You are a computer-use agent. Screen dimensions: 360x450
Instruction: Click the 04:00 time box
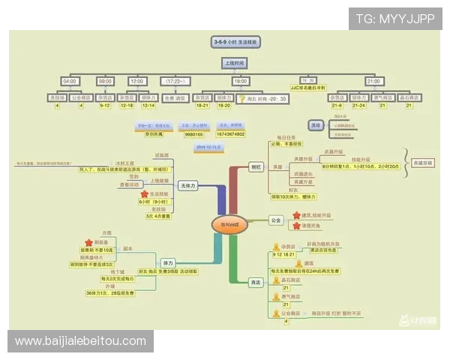pyautogui.click(x=69, y=81)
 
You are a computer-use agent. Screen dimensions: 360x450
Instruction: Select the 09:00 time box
pyautogui.click(x=105, y=81)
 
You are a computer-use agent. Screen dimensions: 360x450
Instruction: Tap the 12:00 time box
pyautogui.click(x=137, y=81)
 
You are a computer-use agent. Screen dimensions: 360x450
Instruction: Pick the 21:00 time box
pyautogui.click(x=373, y=81)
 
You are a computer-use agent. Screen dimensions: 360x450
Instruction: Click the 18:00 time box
pyautogui.click(x=240, y=81)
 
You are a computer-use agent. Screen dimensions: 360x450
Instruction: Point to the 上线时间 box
pyautogui.click(x=239, y=63)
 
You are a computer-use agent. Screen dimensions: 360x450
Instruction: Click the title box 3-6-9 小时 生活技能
pyautogui.click(x=239, y=42)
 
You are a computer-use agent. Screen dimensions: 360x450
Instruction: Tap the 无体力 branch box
pyautogui.click(x=188, y=184)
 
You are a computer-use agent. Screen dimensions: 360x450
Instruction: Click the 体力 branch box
pyautogui.click(x=168, y=263)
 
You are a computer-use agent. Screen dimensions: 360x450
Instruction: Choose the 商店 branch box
pyautogui.click(x=255, y=281)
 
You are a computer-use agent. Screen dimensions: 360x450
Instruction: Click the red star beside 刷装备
pyautogui.click(x=88, y=242)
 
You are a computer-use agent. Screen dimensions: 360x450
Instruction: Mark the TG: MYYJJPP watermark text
pyautogui.click(x=395, y=18)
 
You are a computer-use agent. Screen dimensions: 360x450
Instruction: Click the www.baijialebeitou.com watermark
pyautogui.click(x=81, y=341)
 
